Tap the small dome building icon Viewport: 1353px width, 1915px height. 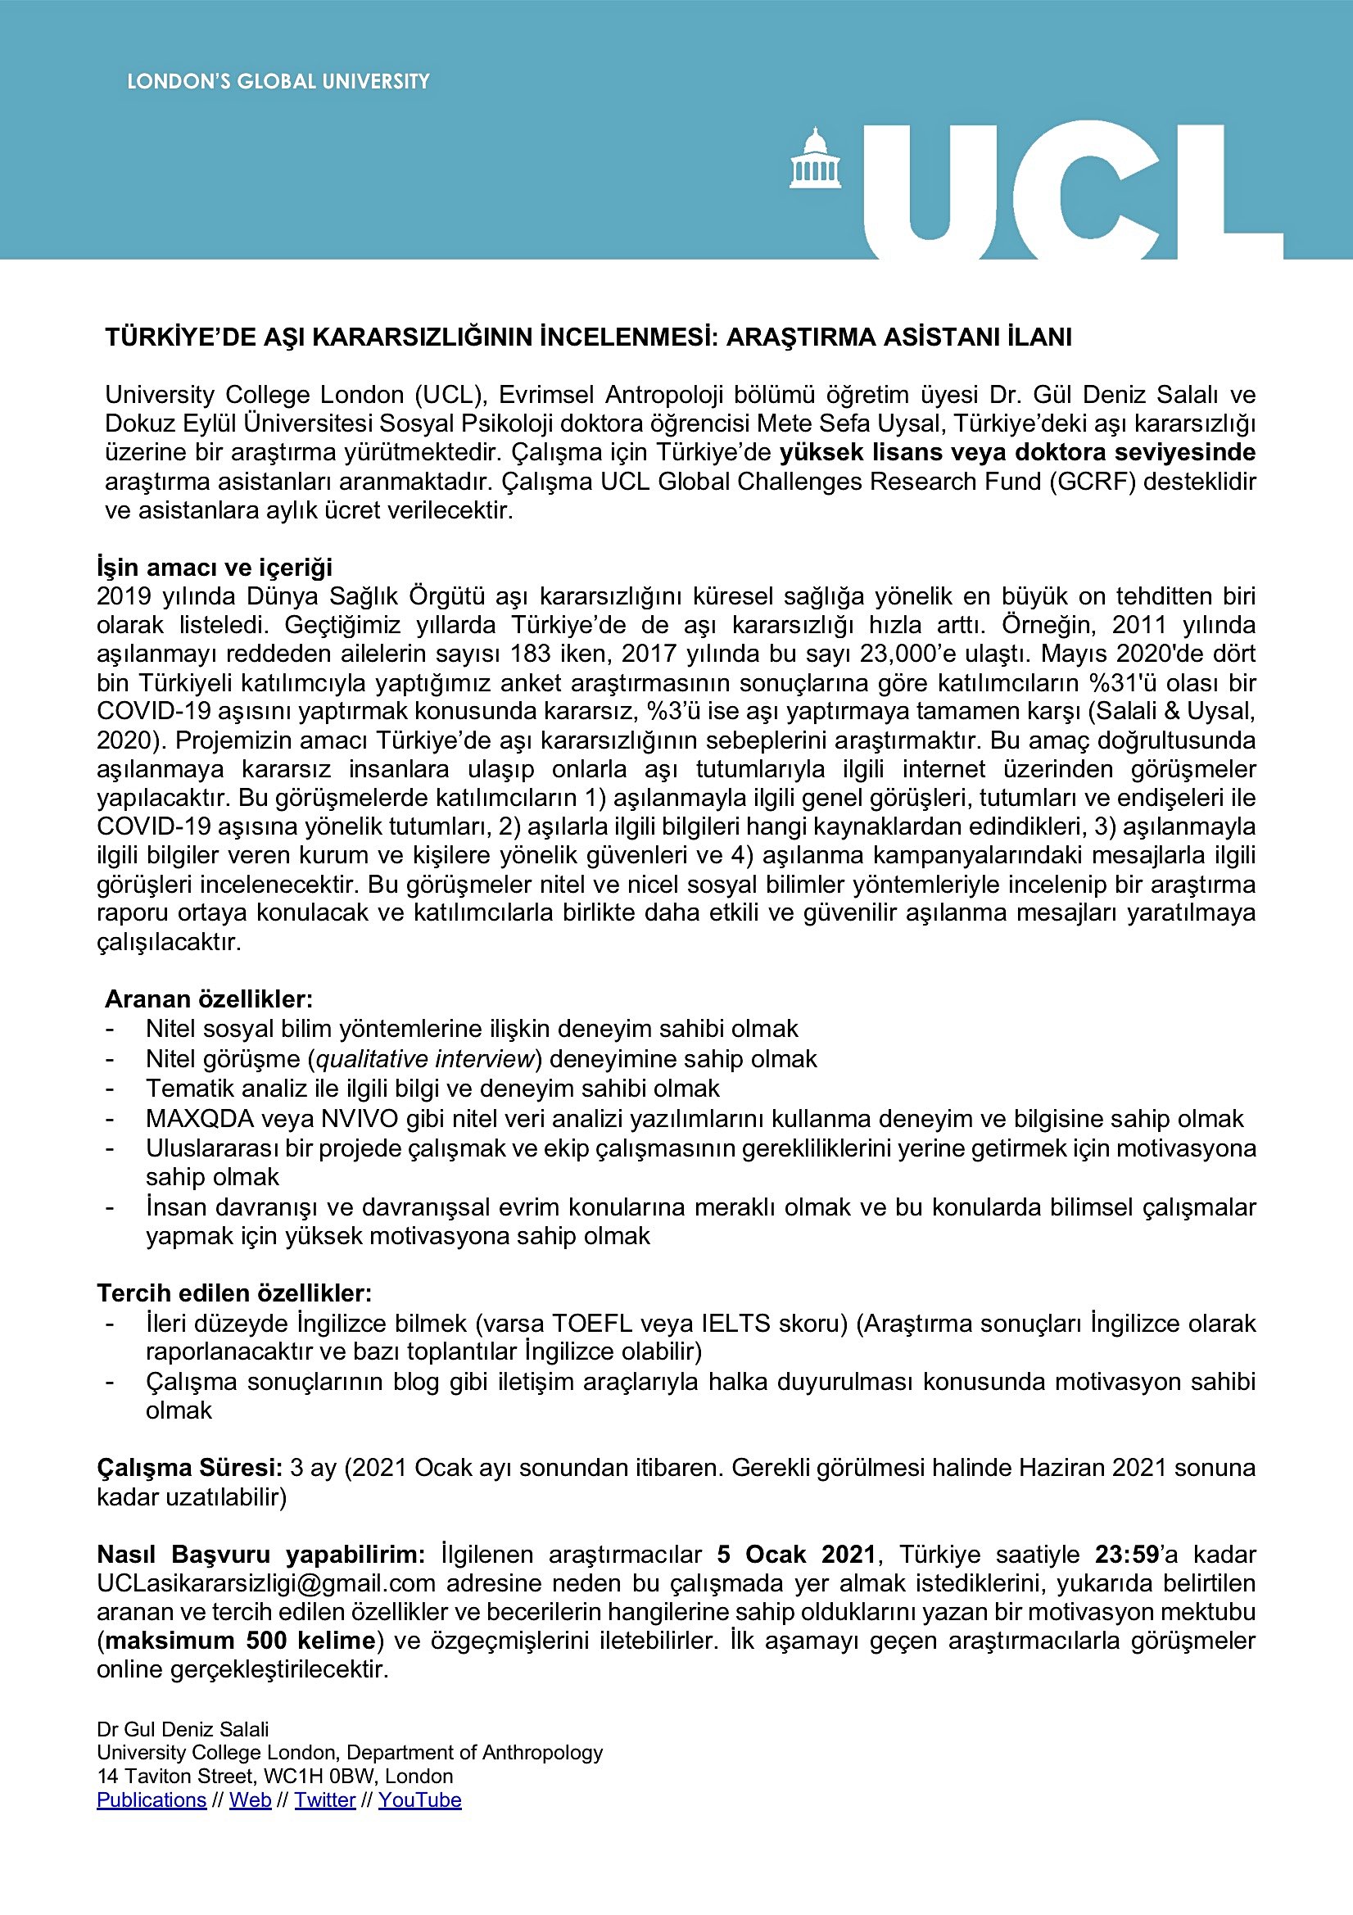815,157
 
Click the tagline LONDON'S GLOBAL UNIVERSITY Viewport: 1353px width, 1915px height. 278,82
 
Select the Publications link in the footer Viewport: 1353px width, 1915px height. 151,1800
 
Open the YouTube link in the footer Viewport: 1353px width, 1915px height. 419,1800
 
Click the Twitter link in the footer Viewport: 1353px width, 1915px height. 324,1800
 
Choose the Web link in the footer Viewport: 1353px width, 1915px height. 251,1800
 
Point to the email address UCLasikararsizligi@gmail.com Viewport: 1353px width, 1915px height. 266,1583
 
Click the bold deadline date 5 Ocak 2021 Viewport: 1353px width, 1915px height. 796,1555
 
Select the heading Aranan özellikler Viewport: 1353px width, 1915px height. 209,999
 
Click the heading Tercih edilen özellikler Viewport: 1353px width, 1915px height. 234,1293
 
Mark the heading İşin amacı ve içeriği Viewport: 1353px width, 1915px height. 215,567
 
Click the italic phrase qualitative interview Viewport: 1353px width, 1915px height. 424,1059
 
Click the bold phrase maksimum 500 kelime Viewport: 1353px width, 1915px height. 240,1641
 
